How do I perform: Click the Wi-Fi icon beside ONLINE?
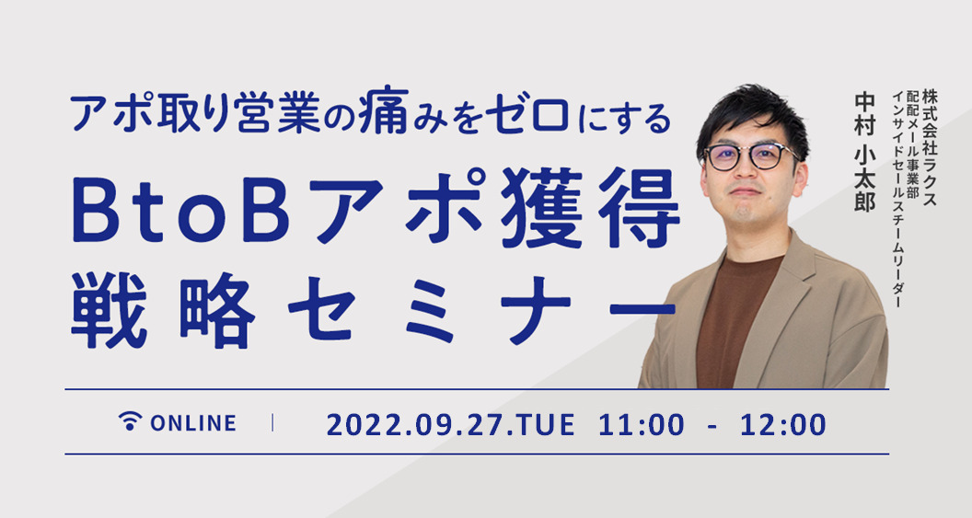pos(130,420)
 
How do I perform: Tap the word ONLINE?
pos(192,423)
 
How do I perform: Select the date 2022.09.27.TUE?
pos(450,425)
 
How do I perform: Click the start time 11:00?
pos(642,425)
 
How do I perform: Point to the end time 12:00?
pos(783,425)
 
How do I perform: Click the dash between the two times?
pos(712,427)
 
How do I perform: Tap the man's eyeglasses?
pos(751,155)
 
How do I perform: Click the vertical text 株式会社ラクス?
pos(930,148)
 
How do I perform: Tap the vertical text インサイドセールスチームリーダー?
pos(896,199)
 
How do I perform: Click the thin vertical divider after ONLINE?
pos(272,423)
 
